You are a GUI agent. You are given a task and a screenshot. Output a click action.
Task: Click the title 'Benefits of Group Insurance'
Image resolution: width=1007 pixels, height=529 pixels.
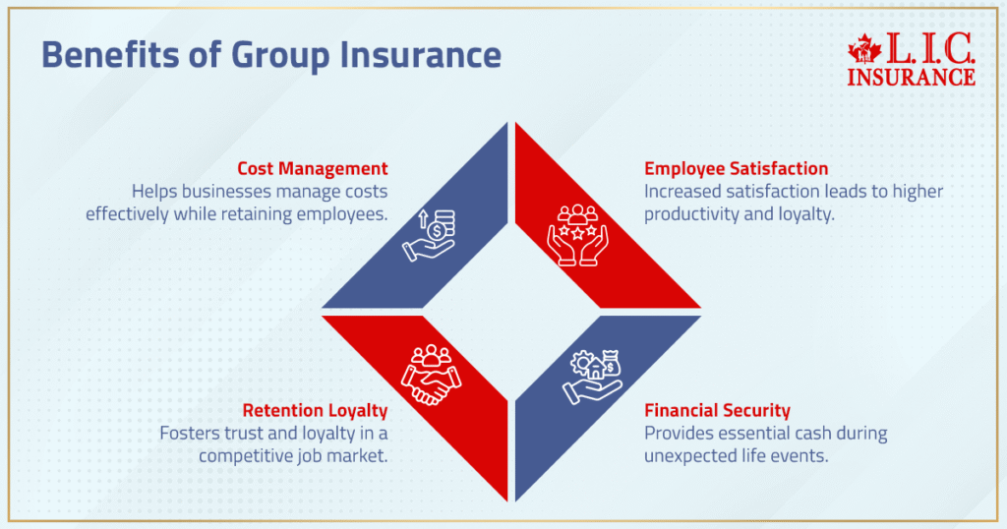[270, 56]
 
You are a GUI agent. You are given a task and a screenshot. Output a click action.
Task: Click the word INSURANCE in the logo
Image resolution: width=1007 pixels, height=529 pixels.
[911, 76]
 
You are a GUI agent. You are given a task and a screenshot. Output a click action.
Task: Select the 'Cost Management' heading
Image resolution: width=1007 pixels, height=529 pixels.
[313, 168]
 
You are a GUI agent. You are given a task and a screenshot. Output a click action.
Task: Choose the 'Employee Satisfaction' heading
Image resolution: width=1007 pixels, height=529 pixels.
[737, 168]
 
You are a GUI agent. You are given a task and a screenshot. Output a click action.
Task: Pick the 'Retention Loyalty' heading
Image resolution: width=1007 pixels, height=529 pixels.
[313, 410]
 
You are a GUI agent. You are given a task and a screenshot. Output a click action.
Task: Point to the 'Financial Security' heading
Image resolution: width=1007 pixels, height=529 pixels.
[717, 410]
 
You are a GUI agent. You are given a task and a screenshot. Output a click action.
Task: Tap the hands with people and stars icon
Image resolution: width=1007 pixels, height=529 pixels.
[578, 235]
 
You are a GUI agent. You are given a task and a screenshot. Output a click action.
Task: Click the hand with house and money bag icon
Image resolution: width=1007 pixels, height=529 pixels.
[593, 375]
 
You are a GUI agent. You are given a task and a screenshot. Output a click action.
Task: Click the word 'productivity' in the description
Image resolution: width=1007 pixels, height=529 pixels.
[690, 213]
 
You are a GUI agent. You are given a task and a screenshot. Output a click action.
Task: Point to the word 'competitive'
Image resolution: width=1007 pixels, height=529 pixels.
[251, 455]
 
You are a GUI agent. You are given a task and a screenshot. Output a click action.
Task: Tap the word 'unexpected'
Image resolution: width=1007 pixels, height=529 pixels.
[689, 455]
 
